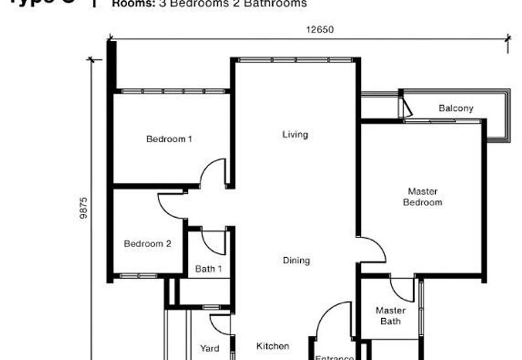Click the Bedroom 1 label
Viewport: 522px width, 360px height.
tap(168, 139)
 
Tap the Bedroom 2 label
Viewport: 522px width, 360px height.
tap(147, 244)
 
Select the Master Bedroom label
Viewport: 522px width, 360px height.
tap(422, 197)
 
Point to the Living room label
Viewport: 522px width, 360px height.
tap(295, 135)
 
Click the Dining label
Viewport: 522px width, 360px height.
tap(296, 261)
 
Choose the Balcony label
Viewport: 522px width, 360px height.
tap(455, 108)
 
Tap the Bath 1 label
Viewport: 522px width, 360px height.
tap(209, 269)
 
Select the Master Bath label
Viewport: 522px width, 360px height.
tap(391, 316)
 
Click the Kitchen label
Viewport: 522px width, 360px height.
tap(272, 346)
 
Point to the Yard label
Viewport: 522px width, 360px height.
tap(209, 349)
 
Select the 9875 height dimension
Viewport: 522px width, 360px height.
tap(84, 208)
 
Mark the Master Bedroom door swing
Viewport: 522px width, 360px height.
tap(373, 250)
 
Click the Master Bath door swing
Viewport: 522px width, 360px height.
tap(401, 290)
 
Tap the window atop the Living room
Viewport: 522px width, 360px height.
tap(295, 60)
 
